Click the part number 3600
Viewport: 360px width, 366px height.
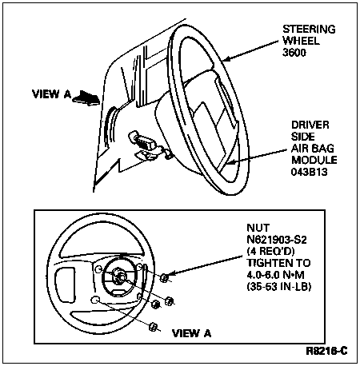coord(294,53)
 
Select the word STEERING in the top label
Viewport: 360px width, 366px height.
coord(309,29)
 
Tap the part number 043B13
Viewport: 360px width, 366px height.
coord(309,172)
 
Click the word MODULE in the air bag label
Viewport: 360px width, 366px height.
coord(314,160)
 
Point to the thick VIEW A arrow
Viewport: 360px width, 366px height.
coord(86,97)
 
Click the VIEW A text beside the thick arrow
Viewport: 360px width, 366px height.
coord(52,94)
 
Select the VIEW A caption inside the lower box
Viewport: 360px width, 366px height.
coord(192,333)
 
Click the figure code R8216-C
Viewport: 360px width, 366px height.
coord(326,351)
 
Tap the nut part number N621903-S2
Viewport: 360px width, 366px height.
coord(277,240)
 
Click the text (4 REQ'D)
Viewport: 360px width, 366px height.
coord(270,251)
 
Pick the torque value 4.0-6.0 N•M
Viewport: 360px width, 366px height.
coord(276,275)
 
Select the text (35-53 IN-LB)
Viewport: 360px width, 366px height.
coord(279,287)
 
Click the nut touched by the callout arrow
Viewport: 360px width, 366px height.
coord(164,278)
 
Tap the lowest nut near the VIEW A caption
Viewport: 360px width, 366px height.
coord(153,327)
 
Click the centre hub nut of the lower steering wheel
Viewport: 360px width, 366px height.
coord(118,274)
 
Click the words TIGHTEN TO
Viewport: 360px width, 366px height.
coord(278,263)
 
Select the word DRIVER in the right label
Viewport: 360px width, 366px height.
coord(310,125)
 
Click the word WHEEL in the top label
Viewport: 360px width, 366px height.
coord(301,41)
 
